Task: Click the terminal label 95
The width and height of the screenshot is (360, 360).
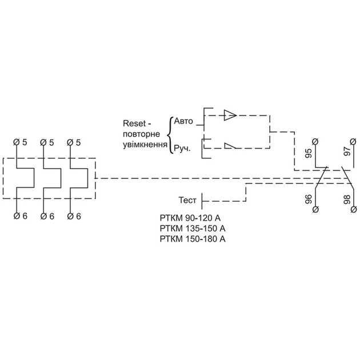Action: (x=309, y=153)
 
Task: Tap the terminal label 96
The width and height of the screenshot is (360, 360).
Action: (x=309, y=199)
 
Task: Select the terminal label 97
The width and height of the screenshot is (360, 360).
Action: (x=347, y=151)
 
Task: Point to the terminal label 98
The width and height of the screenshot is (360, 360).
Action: (x=347, y=199)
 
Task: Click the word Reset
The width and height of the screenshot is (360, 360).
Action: (x=134, y=123)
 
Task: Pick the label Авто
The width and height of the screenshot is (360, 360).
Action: (x=183, y=121)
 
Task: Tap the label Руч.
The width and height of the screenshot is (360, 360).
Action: (x=182, y=149)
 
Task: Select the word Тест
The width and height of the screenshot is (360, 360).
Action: (x=187, y=200)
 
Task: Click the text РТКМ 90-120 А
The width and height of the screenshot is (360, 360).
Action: (x=190, y=218)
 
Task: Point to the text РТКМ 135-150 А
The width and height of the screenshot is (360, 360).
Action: (x=193, y=229)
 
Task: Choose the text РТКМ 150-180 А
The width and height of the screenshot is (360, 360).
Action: (x=193, y=239)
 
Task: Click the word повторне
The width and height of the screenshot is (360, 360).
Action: (x=142, y=134)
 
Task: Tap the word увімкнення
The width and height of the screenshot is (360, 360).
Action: (x=145, y=145)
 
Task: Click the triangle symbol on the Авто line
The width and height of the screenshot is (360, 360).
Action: (x=230, y=115)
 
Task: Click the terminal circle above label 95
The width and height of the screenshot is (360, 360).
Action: (x=315, y=142)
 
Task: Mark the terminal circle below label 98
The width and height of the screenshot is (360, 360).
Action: (x=354, y=209)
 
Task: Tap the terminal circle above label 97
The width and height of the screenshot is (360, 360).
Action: (x=353, y=142)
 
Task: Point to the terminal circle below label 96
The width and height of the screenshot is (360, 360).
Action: (x=315, y=209)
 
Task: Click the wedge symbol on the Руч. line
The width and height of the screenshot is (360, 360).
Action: (x=230, y=146)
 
